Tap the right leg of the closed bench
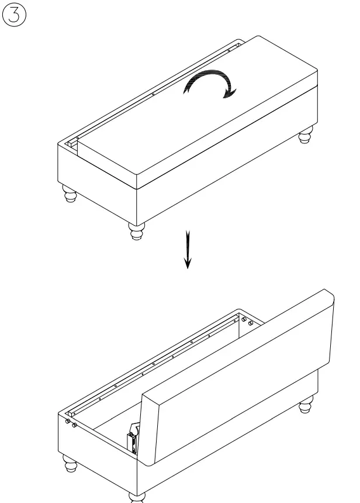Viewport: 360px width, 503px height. pyautogui.click(x=305, y=137)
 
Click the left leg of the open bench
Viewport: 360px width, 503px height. pyautogui.click(x=70, y=466)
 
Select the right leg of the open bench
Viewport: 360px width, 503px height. pyautogui.click(x=306, y=405)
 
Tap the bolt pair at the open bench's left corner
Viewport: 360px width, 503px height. pyautogui.click(x=71, y=422)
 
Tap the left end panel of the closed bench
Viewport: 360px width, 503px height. pyautogui.click(x=96, y=175)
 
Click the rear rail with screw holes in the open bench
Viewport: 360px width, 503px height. pyautogui.click(x=158, y=363)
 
